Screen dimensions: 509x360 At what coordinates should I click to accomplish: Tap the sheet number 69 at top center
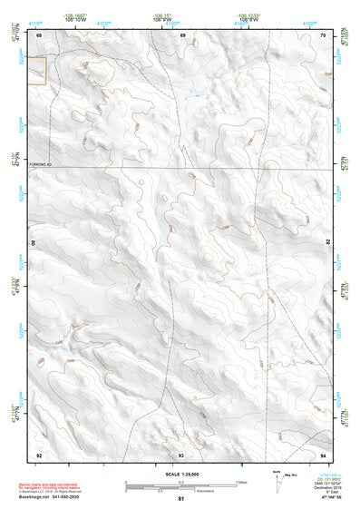pos(182,34)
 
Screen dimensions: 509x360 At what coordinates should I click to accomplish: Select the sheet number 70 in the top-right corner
pos(324,34)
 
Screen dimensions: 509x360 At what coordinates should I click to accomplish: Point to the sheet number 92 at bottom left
pos(39,454)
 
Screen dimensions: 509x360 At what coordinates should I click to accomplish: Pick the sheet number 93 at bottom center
pos(180,454)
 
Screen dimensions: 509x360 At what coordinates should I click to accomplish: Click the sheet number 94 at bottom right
pos(324,454)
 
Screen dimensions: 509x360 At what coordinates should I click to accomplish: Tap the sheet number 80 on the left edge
pos(36,244)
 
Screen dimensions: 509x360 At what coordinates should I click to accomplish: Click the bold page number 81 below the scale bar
pos(181,499)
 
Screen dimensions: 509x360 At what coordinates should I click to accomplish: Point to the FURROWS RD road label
pos(43,164)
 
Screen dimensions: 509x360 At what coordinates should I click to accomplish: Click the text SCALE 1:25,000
pos(180,474)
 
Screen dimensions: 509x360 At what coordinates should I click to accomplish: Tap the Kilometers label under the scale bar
pos(181,491)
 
